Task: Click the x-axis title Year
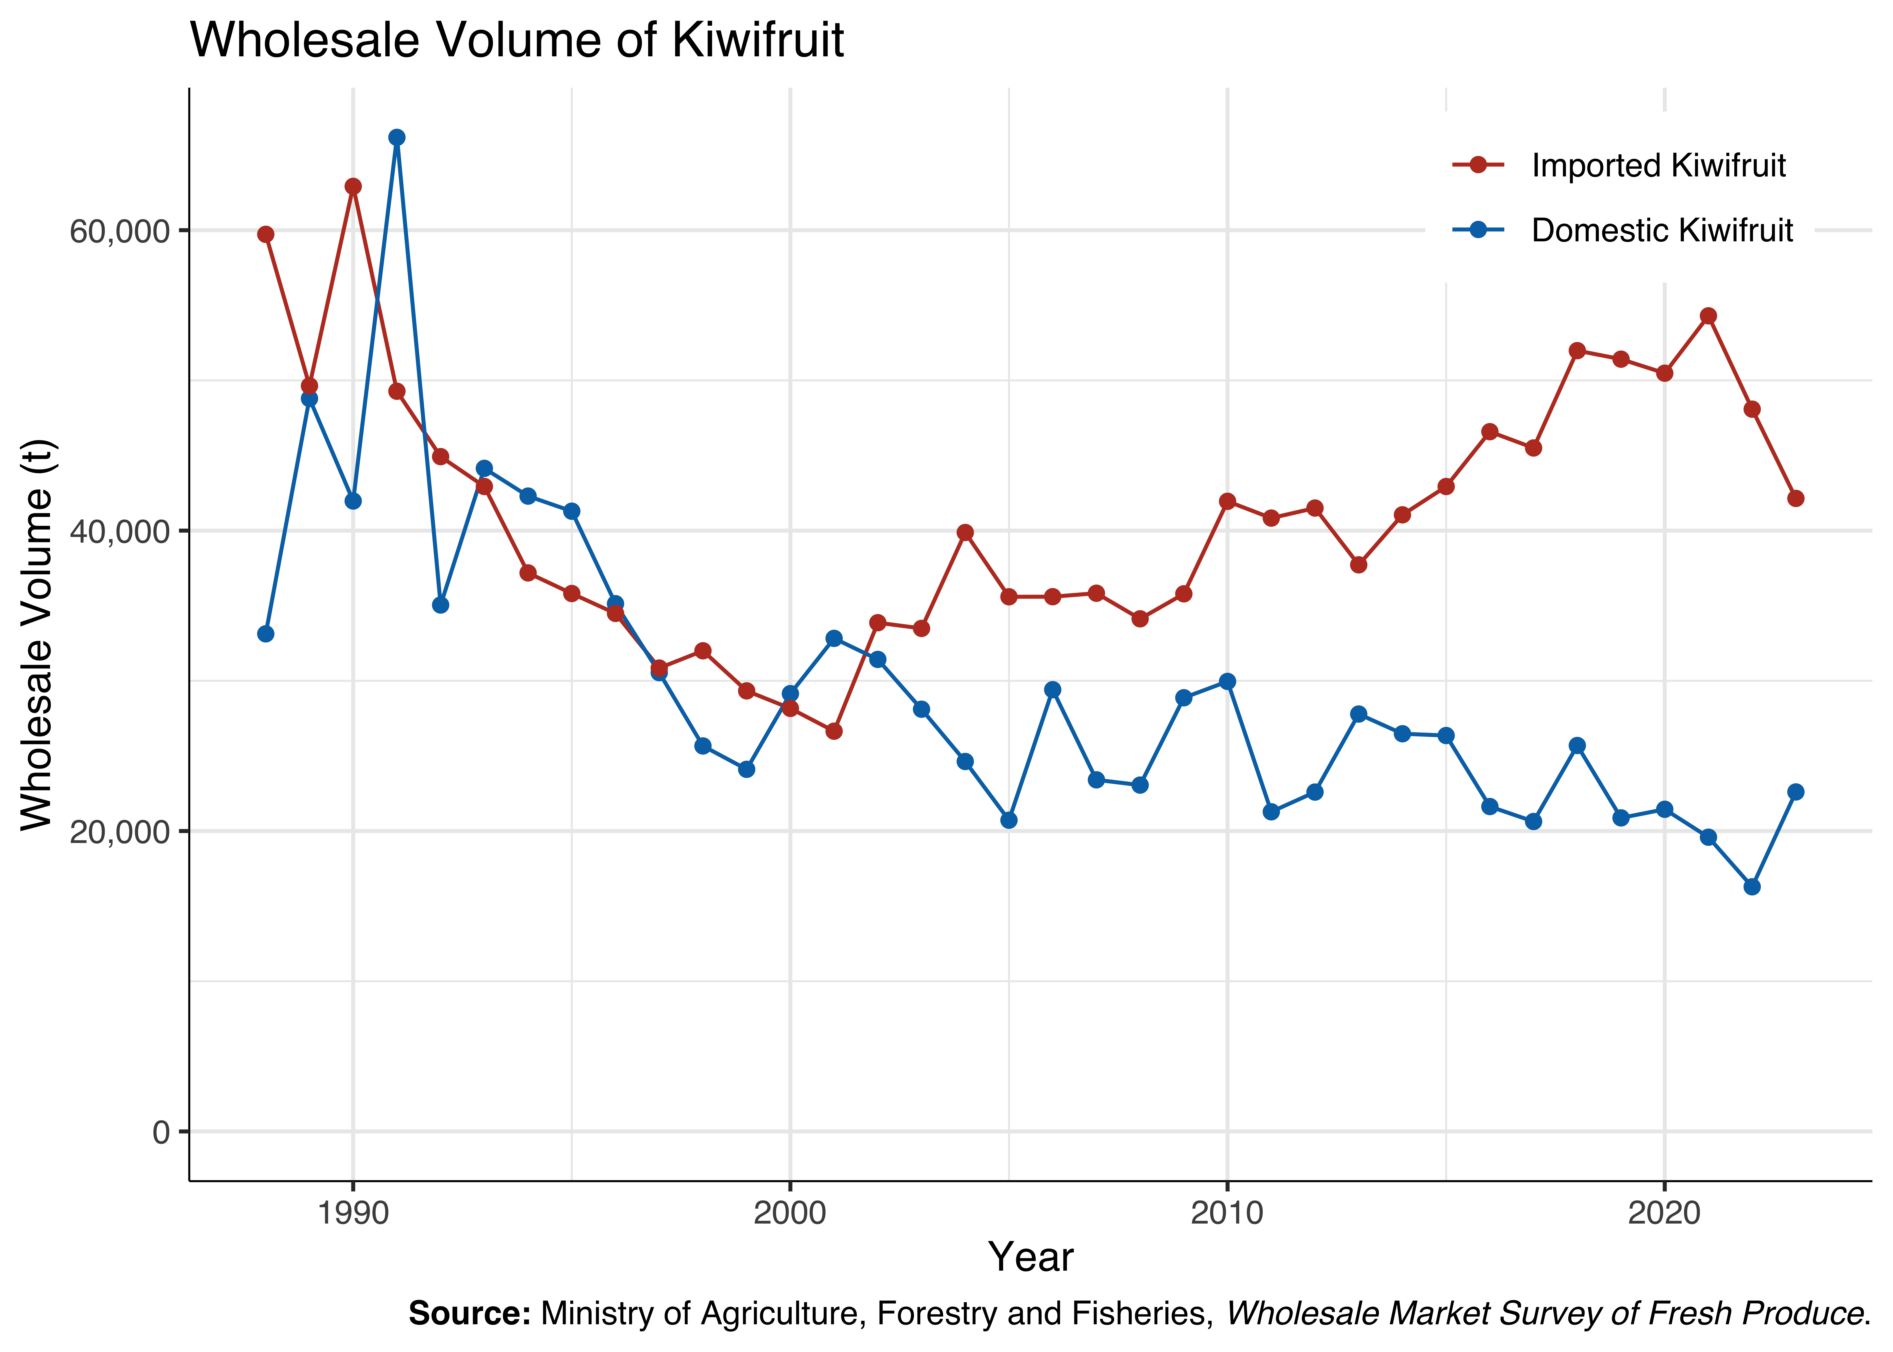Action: pos(1031,1257)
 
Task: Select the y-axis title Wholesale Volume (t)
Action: pos(37,634)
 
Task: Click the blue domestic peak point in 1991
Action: pos(397,137)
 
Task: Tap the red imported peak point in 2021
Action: pos(1708,315)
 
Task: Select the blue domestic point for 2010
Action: pos(1227,681)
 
